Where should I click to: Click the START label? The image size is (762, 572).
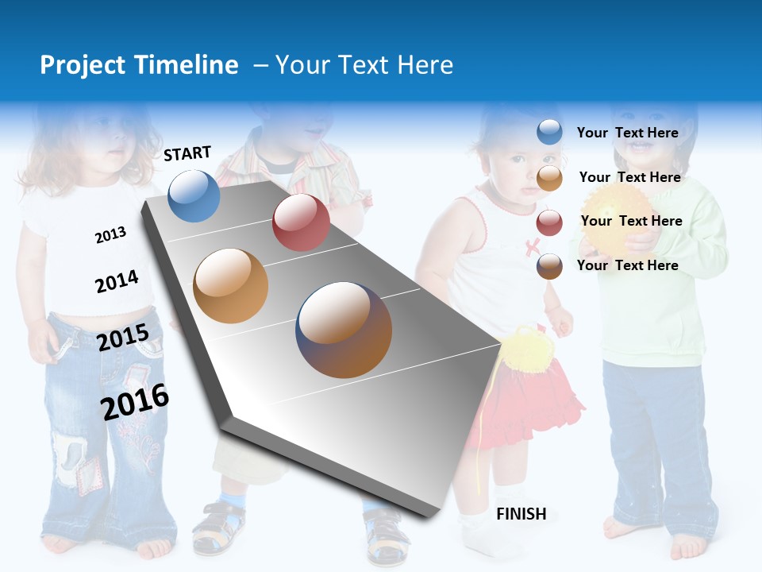187,153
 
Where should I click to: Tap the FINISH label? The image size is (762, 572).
521,514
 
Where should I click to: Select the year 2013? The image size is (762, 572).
110,234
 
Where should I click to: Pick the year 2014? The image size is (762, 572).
117,282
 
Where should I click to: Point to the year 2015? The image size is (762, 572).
123,338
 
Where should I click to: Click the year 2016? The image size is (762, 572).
135,401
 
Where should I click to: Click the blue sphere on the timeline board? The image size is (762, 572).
194,195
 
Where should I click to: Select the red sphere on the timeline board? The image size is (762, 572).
301,222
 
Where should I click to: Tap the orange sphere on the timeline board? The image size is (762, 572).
231,286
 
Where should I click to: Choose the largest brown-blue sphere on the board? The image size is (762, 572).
344,330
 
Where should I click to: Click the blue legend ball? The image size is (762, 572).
549,132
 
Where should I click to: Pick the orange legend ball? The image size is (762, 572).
549,177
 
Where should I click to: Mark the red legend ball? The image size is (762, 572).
549,222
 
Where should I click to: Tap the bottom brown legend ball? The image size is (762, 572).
549,266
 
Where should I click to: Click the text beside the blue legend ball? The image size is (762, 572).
627,133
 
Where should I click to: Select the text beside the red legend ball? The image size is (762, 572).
631,221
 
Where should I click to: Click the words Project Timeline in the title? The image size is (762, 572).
139,65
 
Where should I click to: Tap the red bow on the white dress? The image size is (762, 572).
532,248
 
